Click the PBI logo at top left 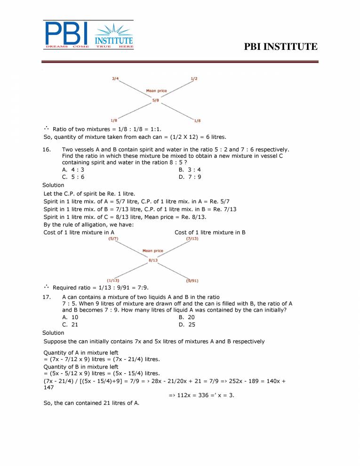(x=89, y=35)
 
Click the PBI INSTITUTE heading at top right (x=281, y=47)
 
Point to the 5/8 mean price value (x=155, y=101)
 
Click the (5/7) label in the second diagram (x=113, y=239)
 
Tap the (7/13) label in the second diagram (x=192, y=239)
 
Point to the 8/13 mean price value (x=152, y=260)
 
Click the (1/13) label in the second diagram (x=112, y=281)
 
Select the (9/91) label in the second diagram (x=192, y=281)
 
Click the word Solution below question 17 (x=53, y=333)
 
